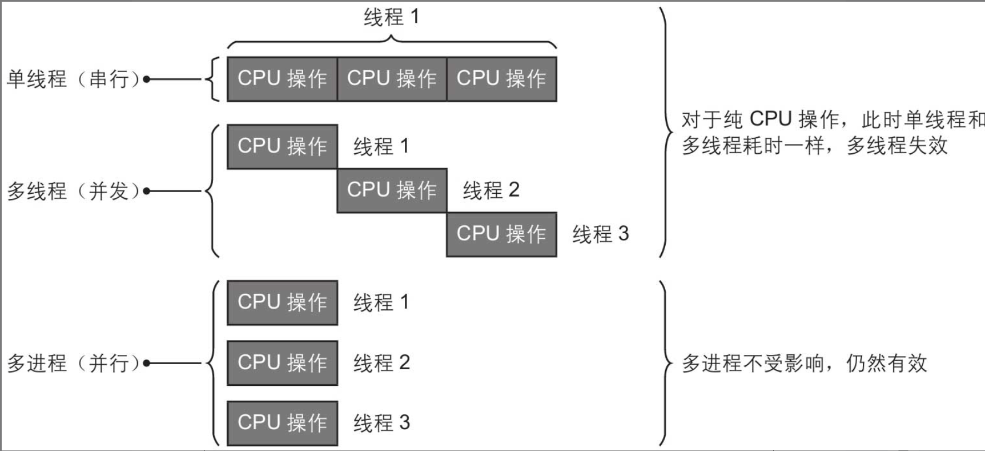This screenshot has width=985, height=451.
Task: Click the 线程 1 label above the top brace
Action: [392, 17]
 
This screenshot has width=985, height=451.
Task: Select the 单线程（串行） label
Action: [73, 79]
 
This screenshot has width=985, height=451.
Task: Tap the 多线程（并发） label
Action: [73, 191]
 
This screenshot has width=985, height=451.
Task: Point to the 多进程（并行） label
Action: [73, 363]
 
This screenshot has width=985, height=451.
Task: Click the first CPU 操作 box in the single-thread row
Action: [282, 79]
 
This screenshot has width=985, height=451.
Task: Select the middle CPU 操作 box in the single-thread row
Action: [392, 79]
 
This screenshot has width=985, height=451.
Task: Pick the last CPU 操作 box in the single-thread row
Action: [501, 79]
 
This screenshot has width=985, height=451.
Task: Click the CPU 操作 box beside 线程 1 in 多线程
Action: [282, 146]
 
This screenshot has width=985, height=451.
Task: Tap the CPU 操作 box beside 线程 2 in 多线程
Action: [392, 190]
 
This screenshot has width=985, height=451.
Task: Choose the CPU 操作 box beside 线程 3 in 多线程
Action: [501, 234]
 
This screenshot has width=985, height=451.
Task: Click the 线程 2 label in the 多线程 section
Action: [491, 190]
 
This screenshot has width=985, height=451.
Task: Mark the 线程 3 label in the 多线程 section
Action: [601, 234]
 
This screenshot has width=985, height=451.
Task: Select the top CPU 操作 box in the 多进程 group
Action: [282, 302]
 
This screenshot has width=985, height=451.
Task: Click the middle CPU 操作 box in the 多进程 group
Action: [282, 363]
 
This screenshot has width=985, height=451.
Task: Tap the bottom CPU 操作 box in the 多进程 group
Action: [282, 423]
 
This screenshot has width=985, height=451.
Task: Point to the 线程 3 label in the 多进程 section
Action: [381, 423]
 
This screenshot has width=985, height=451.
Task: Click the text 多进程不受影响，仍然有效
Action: [804, 364]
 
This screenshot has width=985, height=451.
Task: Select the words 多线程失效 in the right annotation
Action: [897, 146]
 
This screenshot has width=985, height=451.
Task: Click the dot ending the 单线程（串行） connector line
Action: [146, 79]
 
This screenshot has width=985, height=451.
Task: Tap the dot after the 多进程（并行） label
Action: [146, 363]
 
